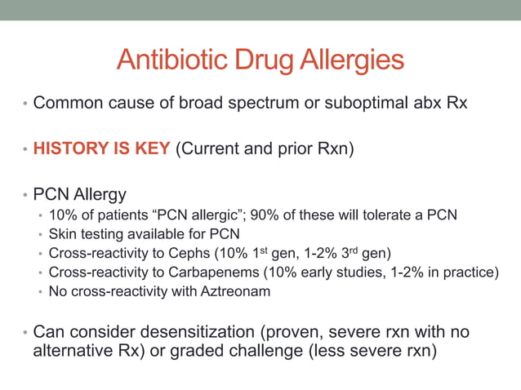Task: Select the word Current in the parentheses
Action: (x=212, y=150)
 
